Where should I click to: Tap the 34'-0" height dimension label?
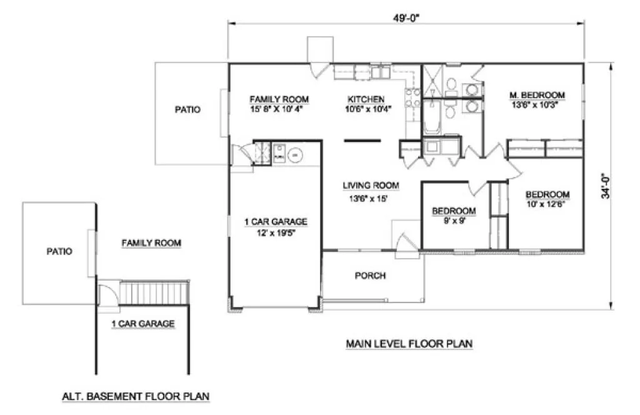(606, 186)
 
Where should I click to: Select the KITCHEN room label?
(366, 99)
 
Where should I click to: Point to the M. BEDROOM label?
(537, 95)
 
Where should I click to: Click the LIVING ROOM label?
(371, 185)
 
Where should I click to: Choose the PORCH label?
(370, 276)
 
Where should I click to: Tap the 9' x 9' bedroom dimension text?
(454, 220)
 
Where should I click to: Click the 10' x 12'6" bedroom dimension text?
(547, 202)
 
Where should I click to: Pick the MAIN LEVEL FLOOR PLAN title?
(409, 343)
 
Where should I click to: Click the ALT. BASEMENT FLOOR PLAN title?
(136, 396)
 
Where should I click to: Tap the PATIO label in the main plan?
(187, 109)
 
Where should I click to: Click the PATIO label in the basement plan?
(59, 252)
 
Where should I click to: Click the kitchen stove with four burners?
(412, 99)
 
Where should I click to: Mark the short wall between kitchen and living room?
(361, 141)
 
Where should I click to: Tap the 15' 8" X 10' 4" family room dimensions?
(279, 108)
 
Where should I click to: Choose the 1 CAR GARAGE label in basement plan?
(142, 324)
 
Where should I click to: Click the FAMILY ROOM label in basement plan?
(151, 242)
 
